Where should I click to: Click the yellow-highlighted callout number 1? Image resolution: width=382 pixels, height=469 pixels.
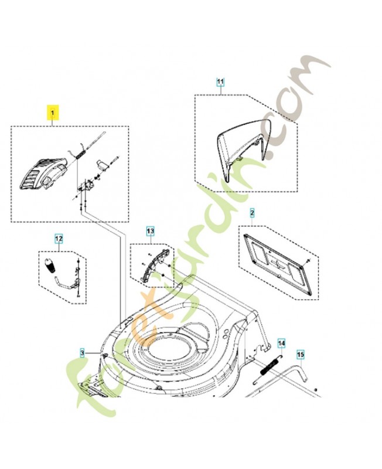pyautogui.click(x=53, y=110)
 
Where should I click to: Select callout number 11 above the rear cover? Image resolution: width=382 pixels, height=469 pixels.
pyautogui.click(x=220, y=82)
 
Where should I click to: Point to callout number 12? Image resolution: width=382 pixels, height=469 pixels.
pyautogui.click(x=58, y=238)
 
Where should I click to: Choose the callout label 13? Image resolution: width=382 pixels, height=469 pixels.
pyautogui.click(x=150, y=232)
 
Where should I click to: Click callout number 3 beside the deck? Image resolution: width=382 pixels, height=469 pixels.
pyautogui.click(x=83, y=352)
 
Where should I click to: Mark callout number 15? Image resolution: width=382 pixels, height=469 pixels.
pyautogui.click(x=301, y=355)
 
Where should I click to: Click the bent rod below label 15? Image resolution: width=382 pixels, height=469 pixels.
pyautogui.click(x=299, y=376)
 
